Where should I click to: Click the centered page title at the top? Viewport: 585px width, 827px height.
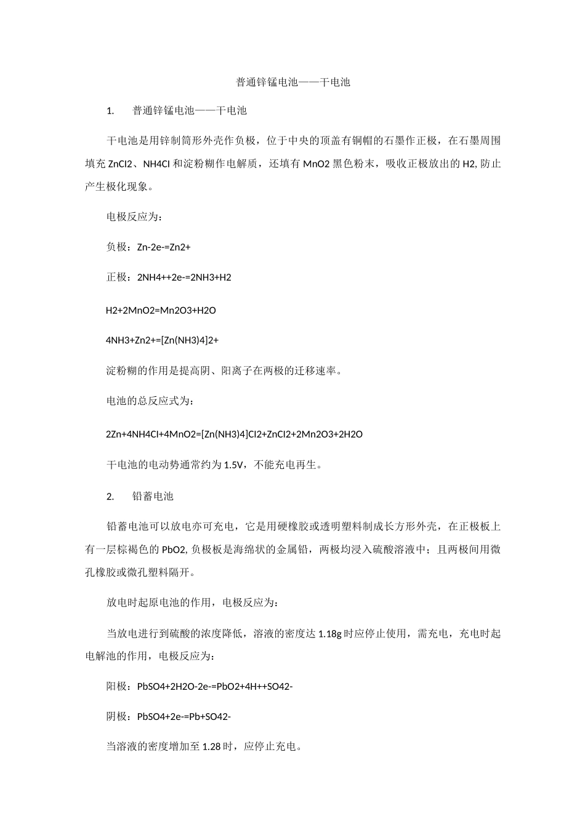(293, 82)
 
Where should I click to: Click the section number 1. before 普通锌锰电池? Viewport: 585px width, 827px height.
(111, 111)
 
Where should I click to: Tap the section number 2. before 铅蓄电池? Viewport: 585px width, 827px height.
(111, 496)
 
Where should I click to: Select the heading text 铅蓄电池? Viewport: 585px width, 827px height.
(153, 496)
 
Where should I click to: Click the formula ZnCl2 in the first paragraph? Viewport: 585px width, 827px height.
(121, 164)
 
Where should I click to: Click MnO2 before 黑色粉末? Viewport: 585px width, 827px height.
(317, 164)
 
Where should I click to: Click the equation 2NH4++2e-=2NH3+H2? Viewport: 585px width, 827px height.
(184, 277)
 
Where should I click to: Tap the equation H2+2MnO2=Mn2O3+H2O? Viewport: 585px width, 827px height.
(161, 311)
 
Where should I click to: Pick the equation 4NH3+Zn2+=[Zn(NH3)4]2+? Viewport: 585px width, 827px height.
(163, 340)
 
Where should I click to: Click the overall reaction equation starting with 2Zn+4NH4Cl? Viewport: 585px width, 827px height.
(234, 434)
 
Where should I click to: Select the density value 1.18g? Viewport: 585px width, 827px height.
(329, 634)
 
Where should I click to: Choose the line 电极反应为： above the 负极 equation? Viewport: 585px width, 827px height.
(134, 217)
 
